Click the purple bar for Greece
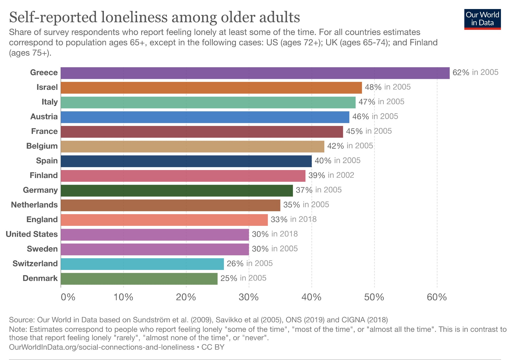click(255, 73)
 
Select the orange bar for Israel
click(211, 88)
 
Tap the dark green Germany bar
click(177, 190)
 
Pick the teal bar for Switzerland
click(142, 264)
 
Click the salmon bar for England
click(164, 220)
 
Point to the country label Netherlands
click(34, 205)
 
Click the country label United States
click(32, 234)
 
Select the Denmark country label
click(40, 278)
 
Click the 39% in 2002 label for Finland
click(331, 175)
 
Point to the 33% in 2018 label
click(294, 219)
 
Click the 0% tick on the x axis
click(68, 297)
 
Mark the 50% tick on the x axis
click(374, 297)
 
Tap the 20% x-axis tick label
click(186, 297)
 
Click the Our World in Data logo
click(482, 19)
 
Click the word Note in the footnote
click(18, 329)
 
